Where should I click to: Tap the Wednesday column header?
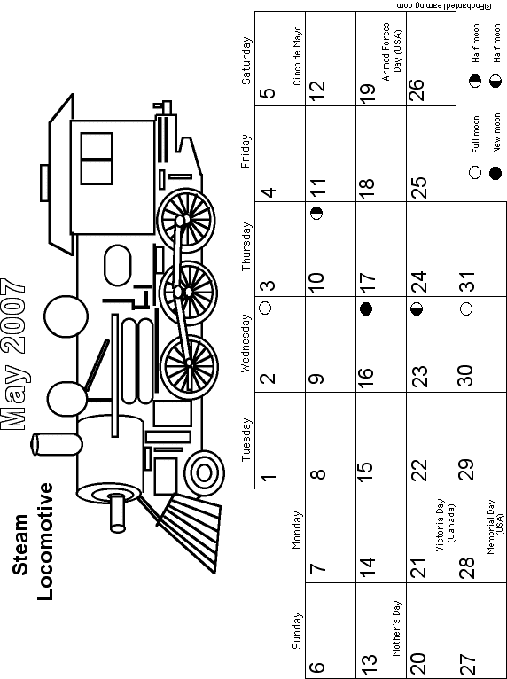[x=246, y=343]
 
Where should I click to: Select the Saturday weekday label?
[x=246, y=60]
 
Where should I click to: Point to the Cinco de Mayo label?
[x=297, y=56]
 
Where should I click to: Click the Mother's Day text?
[x=397, y=628]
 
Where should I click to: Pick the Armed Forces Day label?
[x=392, y=52]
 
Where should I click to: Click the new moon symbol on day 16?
[x=366, y=308]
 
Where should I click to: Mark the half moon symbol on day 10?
[x=317, y=214]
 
